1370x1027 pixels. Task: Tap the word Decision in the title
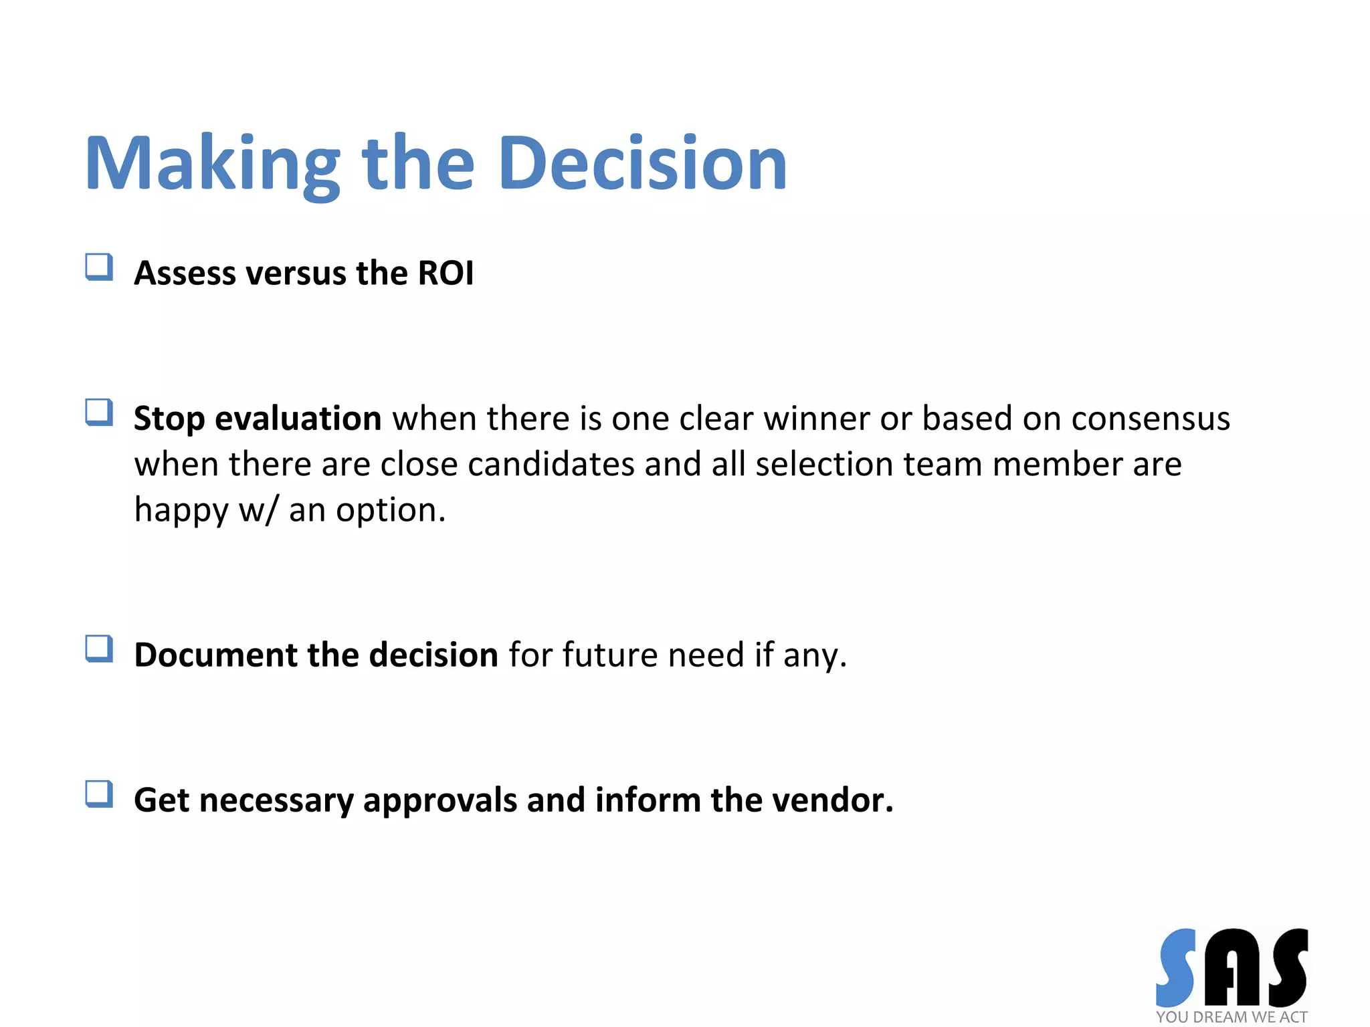[642, 164]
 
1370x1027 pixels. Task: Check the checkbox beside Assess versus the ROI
[99, 267]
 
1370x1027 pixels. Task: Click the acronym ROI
[446, 273]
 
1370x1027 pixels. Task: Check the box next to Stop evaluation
[99, 412]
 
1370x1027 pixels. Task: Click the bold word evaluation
[298, 419]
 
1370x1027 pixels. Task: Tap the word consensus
[1150, 419]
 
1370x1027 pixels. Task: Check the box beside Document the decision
[99, 649]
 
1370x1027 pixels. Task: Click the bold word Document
[215, 655]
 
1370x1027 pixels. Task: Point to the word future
[609, 655]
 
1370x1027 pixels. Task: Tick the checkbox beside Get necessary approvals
[99, 794]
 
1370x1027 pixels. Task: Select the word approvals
[439, 801]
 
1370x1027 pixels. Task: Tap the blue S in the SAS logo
[1176, 967]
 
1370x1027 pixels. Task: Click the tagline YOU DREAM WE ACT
[1232, 1017]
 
